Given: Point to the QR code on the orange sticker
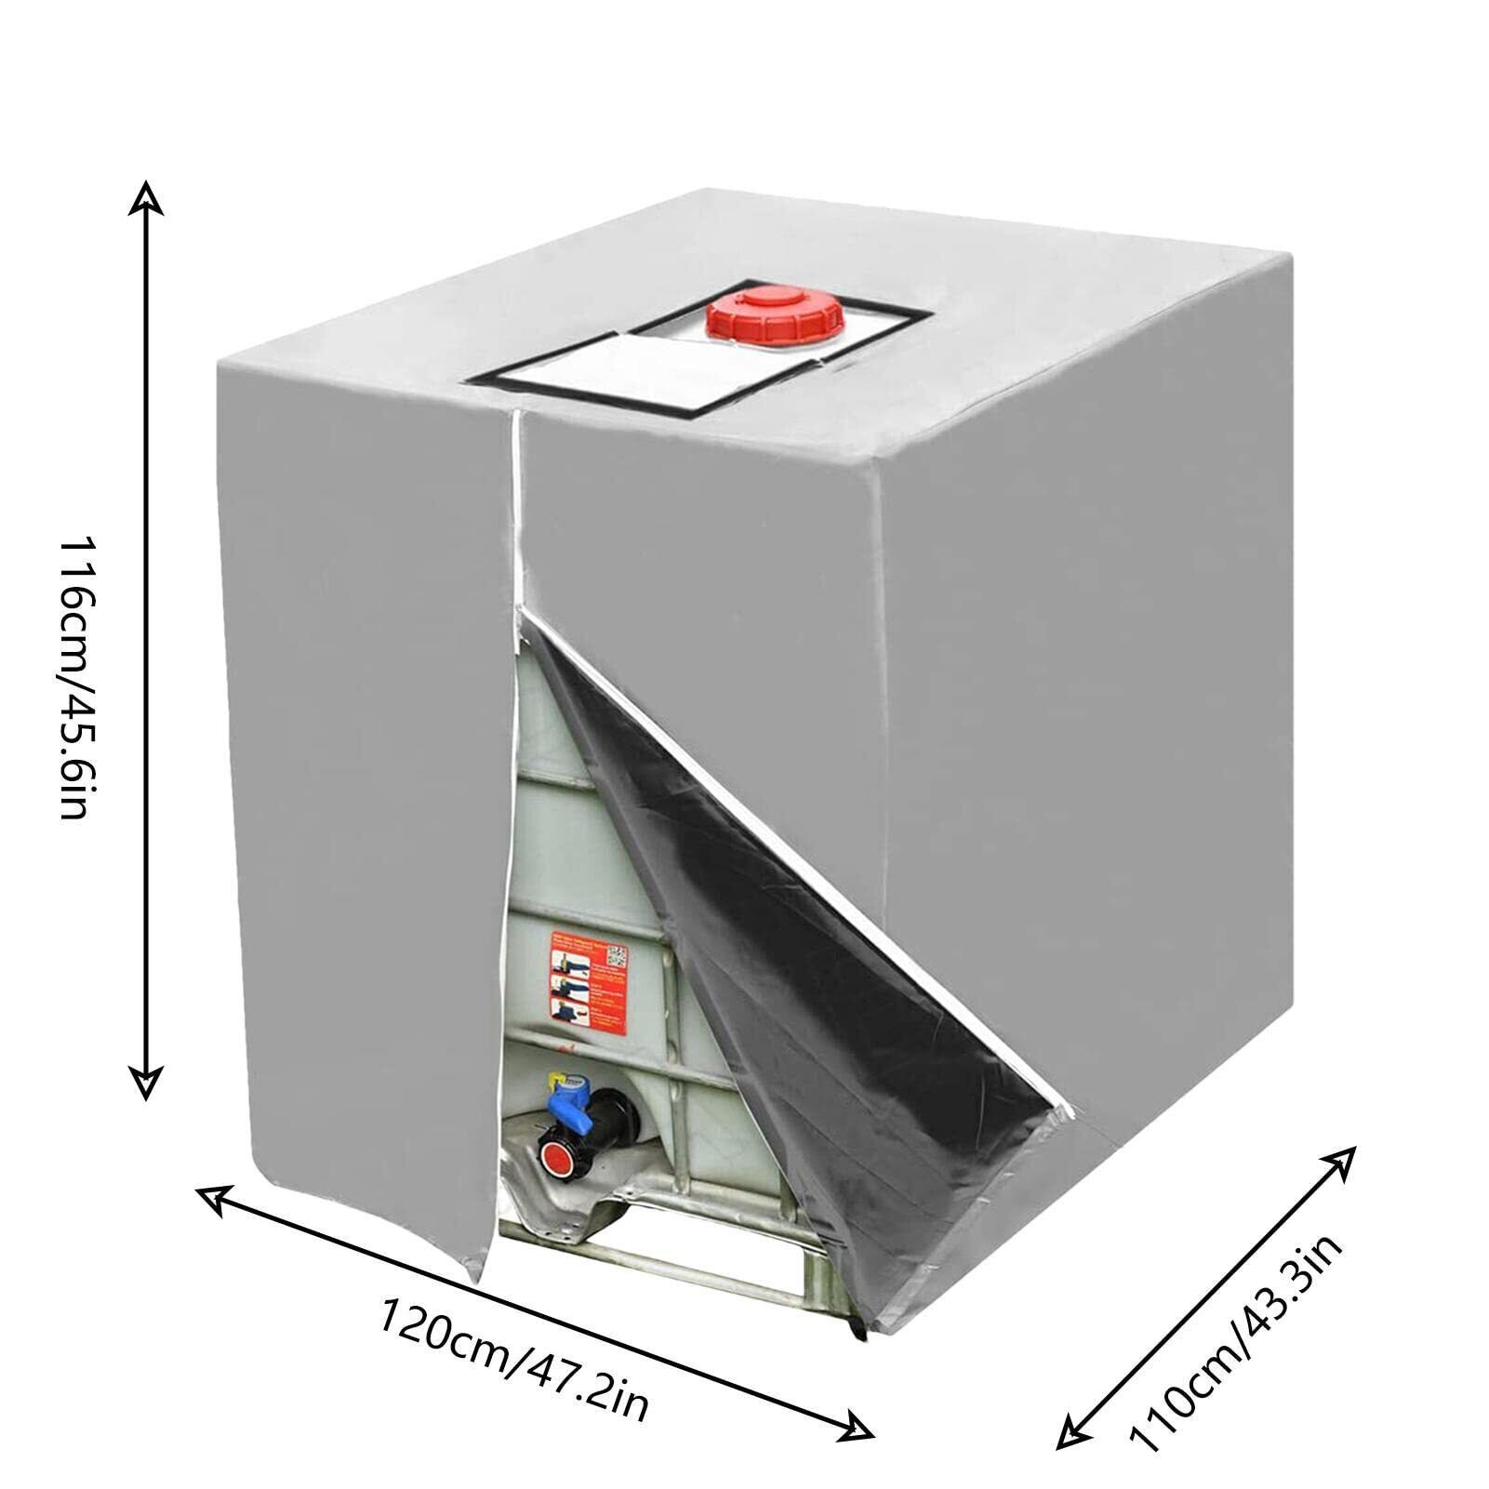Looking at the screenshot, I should coord(618,954).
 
